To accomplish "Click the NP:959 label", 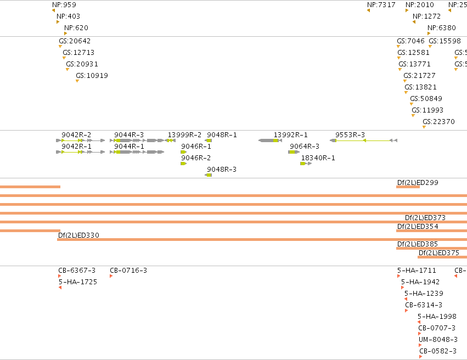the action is pyautogui.click(x=64, y=5).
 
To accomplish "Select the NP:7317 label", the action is pyautogui.click(x=381, y=5).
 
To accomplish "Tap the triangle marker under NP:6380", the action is pyautogui.click(x=429, y=33).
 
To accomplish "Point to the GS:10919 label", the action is pyautogui.click(x=92, y=76).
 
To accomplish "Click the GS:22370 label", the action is pyautogui.click(x=438, y=121).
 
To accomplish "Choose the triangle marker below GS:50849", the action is pyautogui.click(x=412, y=104).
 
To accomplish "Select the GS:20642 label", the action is pyautogui.click(x=75, y=41).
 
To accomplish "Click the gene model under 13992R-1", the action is pyautogui.click(x=270, y=140).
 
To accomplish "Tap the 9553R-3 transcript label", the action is pyautogui.click(x=350, y=135).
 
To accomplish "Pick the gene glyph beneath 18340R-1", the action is pyautogui.click(x=306, y=164).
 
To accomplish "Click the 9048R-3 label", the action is pyautogui.click(x=222, y=170).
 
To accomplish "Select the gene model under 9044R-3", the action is pyautogui.click(x=137, y=140).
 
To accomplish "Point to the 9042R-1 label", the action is pyautogui.click(x=76, y=147).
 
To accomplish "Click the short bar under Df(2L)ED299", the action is pyautogui.click(x=408, y=187).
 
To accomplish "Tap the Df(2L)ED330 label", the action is pyautogui.click(x=78, y=235).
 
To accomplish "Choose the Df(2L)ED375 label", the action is pyautogui.click(x=439, y=253).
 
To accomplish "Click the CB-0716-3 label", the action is pyautogui.click(x=128, y=271).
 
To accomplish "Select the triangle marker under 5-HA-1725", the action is pyautogui.click(x=60, y=288).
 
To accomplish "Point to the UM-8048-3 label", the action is pyautogui.click(x=438, y=340).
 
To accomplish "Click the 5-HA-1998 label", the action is pyautogui.click(x=437, y=317).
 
